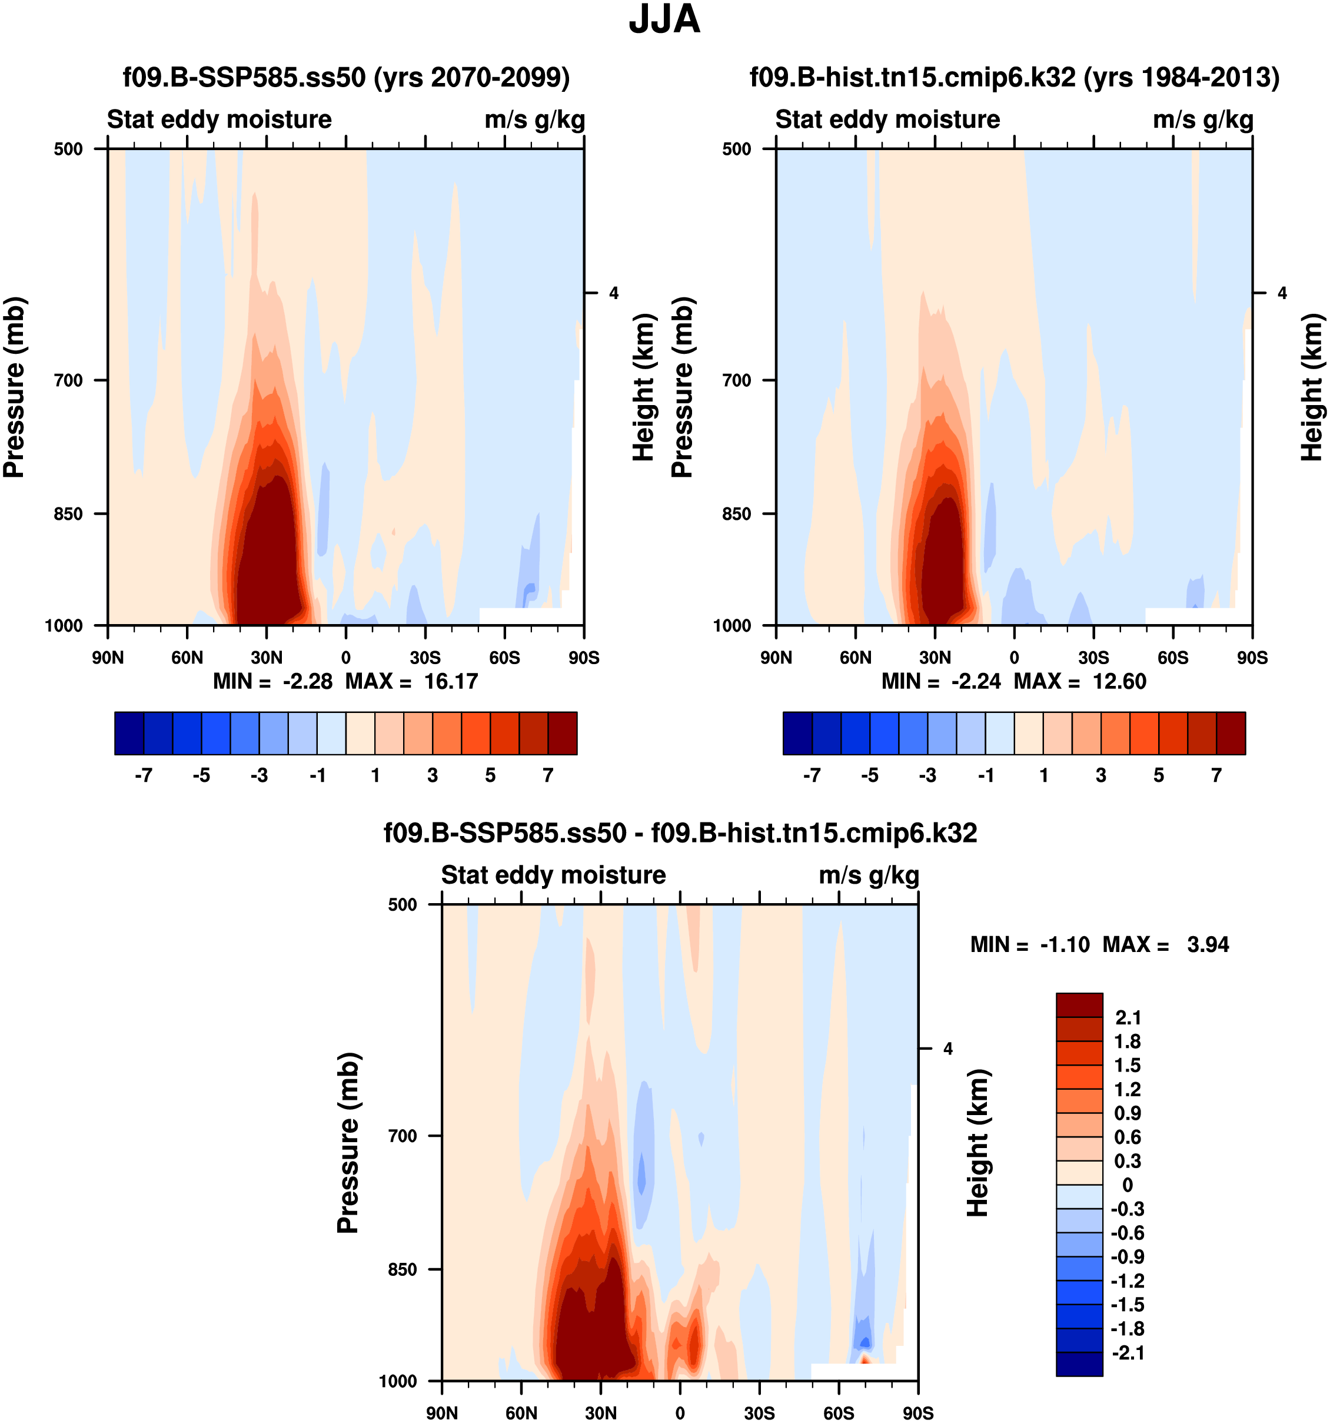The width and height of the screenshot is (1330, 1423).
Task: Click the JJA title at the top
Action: [664, 20]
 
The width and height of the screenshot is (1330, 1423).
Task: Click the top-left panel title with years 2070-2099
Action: [346, 77]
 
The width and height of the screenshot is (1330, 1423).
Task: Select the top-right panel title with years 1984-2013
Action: [1015, 77]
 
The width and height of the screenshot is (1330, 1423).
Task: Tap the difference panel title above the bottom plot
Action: [680, 833]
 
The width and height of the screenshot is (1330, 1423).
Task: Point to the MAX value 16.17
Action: [451, 681]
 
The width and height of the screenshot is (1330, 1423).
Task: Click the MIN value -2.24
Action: [976, 681]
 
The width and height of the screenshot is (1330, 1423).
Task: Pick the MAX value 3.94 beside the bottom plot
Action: [1208, 945]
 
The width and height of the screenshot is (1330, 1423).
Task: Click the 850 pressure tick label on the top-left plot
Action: [69, 514]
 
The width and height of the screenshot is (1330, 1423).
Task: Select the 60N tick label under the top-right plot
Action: [856, 658]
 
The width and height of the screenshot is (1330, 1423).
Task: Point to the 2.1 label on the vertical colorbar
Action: [1128, 1018]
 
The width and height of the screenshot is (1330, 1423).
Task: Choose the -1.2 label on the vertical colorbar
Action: [1128, 1281]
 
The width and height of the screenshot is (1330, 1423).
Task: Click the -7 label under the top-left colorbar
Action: [143, 776]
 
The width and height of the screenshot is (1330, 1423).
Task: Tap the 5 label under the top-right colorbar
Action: [1158, 776]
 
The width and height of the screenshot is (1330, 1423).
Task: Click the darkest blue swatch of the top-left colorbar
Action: [129, 733]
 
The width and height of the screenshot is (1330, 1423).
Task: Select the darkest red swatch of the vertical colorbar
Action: [1079, 1005]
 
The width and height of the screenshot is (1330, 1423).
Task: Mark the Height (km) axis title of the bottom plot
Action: [978, 1143]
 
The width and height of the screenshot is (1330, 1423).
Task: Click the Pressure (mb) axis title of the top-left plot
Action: [14, 387]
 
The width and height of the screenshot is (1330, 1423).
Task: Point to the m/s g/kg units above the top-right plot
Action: [1203, 120]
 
